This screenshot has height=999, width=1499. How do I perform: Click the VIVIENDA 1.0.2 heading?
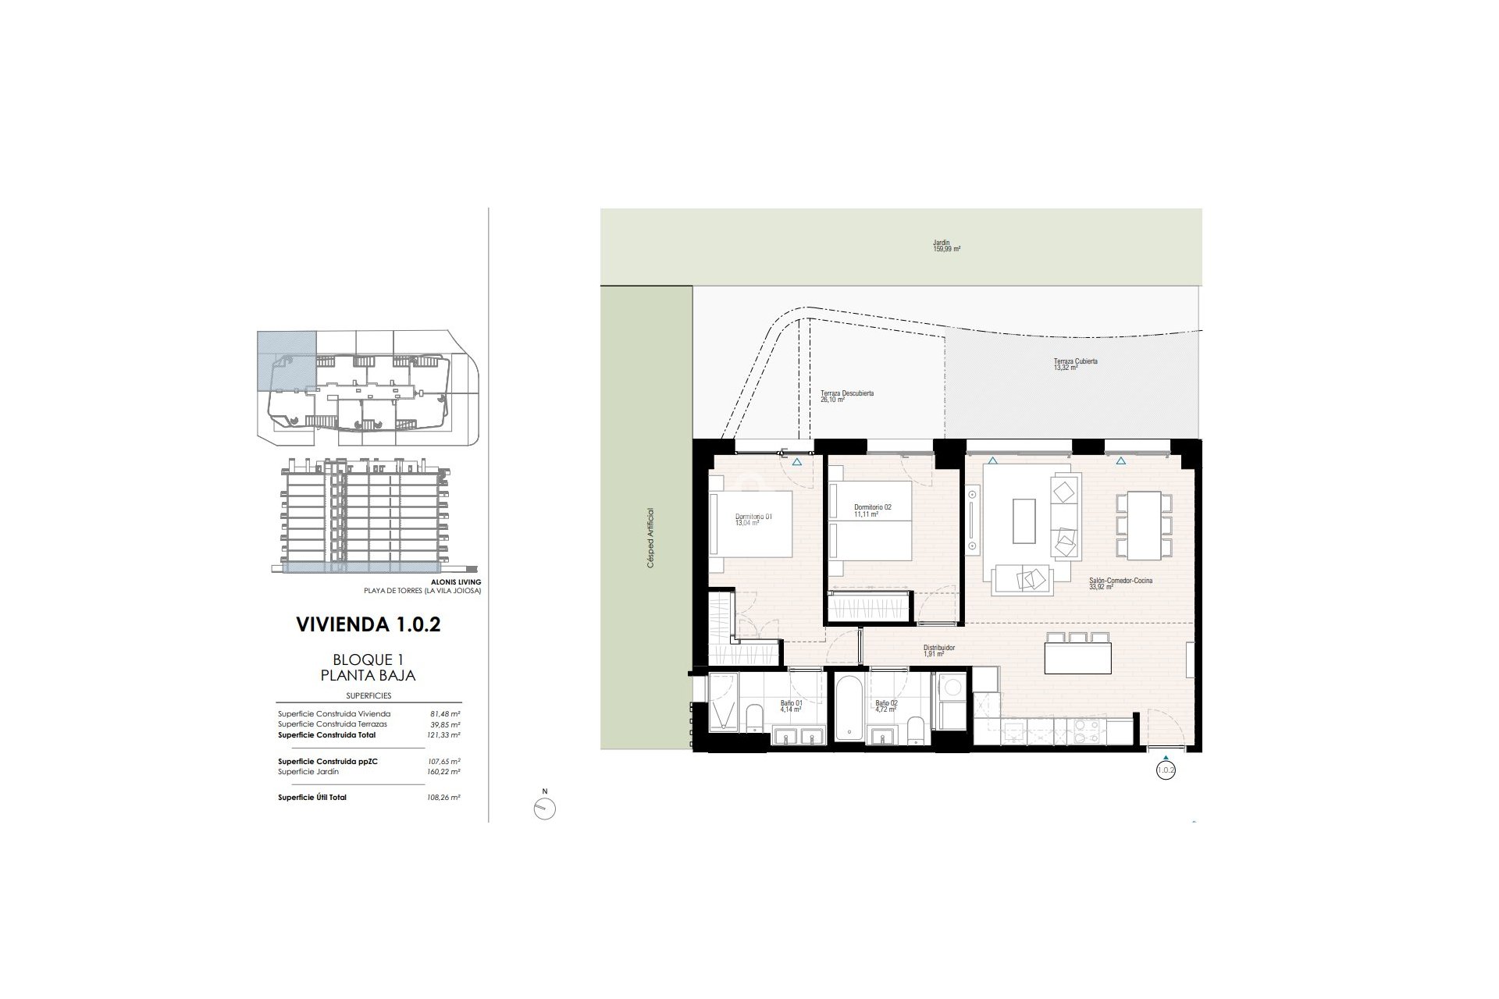tap(369, 624)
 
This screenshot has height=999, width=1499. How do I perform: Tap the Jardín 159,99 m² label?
tap(945, 246)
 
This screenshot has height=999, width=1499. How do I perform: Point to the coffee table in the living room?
tap(1024, 521)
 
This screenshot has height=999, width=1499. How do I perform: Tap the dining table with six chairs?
tap(1144, 524)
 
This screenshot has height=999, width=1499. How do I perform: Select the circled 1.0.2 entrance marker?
tap(1165, 770)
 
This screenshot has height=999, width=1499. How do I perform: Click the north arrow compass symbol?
tap(544, 809)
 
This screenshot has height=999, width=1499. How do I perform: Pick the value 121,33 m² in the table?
tap(445, 735)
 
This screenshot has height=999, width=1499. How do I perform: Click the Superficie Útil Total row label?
tap(312, 798)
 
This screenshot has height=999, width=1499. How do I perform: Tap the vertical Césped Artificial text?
tap(650, 538)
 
